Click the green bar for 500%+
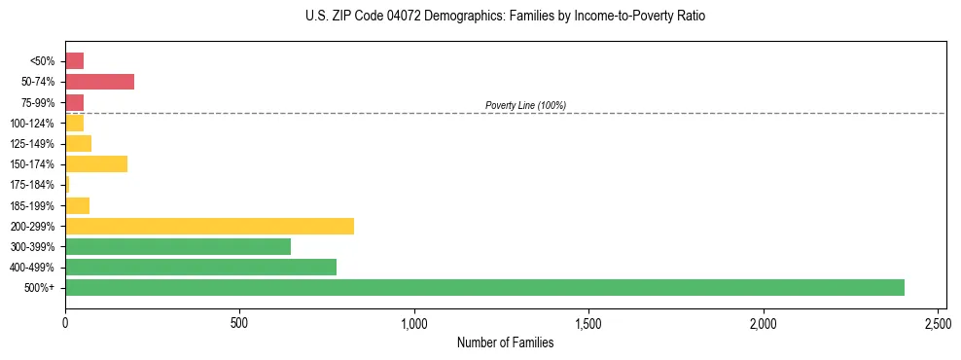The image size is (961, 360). pos(484,287)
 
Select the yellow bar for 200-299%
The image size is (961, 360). pos(209,226)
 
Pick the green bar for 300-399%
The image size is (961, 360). pos(178,246)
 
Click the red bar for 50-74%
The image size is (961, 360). pos(99,82)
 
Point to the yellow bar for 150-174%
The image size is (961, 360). pos(96,163)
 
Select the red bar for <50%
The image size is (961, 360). pos(74,61)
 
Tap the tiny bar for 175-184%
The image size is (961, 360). pos(67,184)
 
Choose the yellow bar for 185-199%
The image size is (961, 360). pos(77,205)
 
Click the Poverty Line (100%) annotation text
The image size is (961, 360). pos(525,105)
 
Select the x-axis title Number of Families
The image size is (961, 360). pos(506,342)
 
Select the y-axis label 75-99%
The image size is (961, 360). pos(39,102)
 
